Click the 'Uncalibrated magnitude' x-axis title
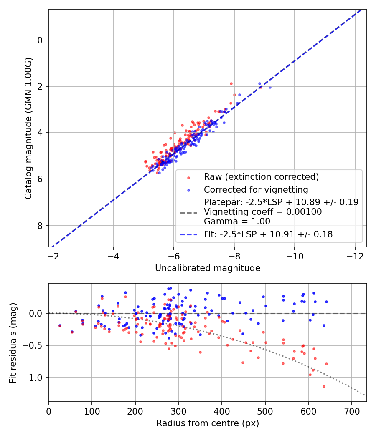208,268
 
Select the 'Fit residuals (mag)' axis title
13,342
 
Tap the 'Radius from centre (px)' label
208,423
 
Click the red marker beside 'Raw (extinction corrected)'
188,177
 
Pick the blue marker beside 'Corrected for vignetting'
188,190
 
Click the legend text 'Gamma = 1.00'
237,222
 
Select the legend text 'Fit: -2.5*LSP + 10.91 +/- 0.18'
268,234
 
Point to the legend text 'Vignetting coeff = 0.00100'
263,212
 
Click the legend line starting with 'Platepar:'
281,202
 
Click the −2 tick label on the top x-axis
53,255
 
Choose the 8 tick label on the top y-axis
40,226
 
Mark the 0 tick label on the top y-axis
40,40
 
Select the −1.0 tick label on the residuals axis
35,378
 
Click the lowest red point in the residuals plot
324,386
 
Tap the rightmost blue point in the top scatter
270,87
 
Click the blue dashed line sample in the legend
188,234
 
